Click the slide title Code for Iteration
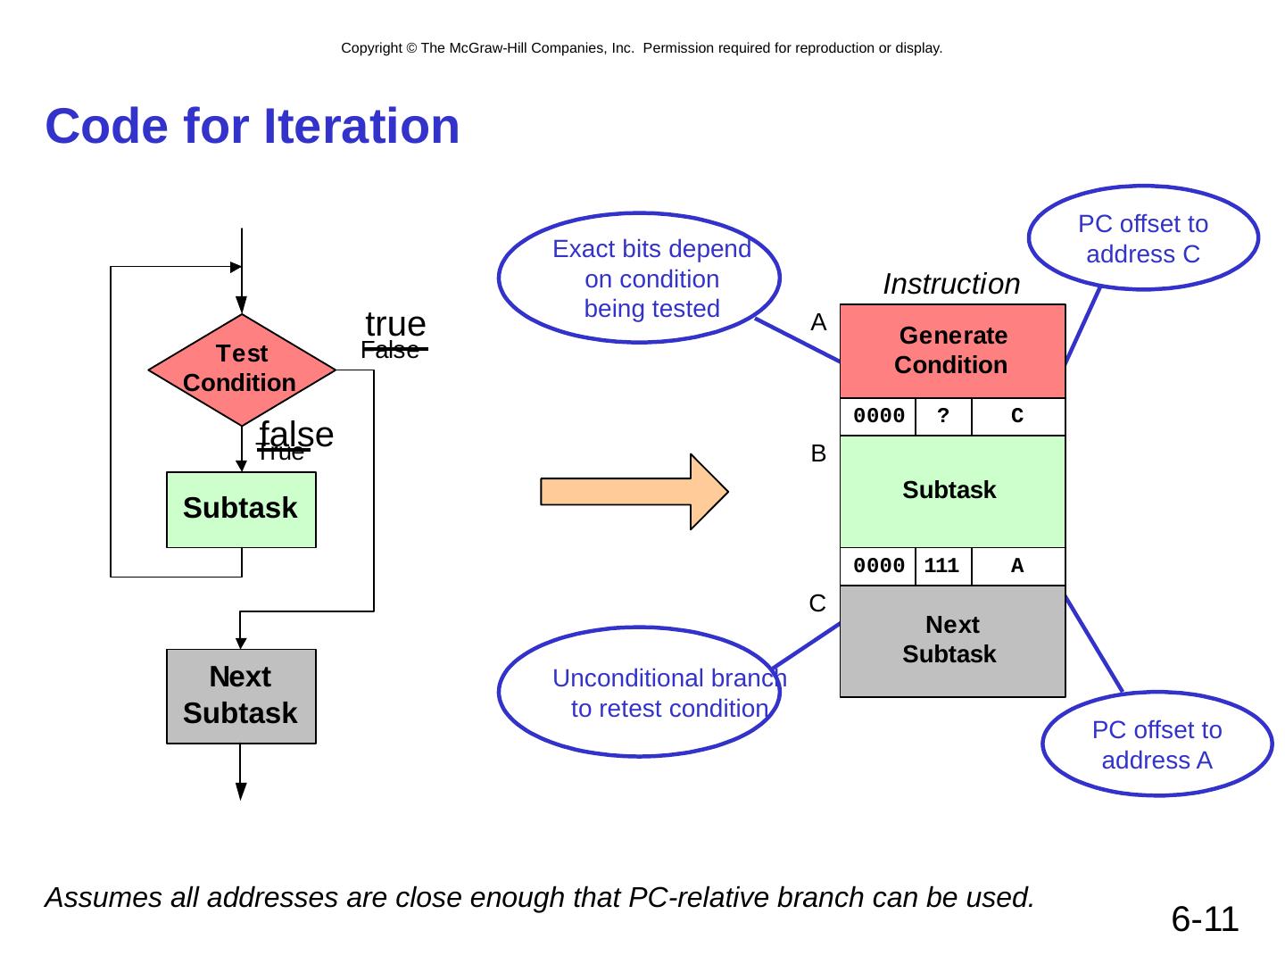coord(253,126)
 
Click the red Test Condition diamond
coord(241,369)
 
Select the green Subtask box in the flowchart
coord(241,509)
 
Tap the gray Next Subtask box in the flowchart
coord(241,695)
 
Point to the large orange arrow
coord(634,492)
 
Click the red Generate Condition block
coord(952,351)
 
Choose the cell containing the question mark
coord(943,416)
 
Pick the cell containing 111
coord(942,566)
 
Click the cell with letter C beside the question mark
coord(1017,416)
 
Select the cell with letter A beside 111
coord(1017,566)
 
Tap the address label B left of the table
coord(818,454)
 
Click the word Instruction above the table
coord(951,284)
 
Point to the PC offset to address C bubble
coord(1143,238)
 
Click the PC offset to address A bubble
coord(1156,744)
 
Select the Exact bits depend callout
coord(640,278)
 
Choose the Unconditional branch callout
coord(640,693)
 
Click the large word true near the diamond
coord(395,323)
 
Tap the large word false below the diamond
coord(296,434)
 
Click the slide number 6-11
coord(1205,919)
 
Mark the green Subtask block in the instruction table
coord(952,491)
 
